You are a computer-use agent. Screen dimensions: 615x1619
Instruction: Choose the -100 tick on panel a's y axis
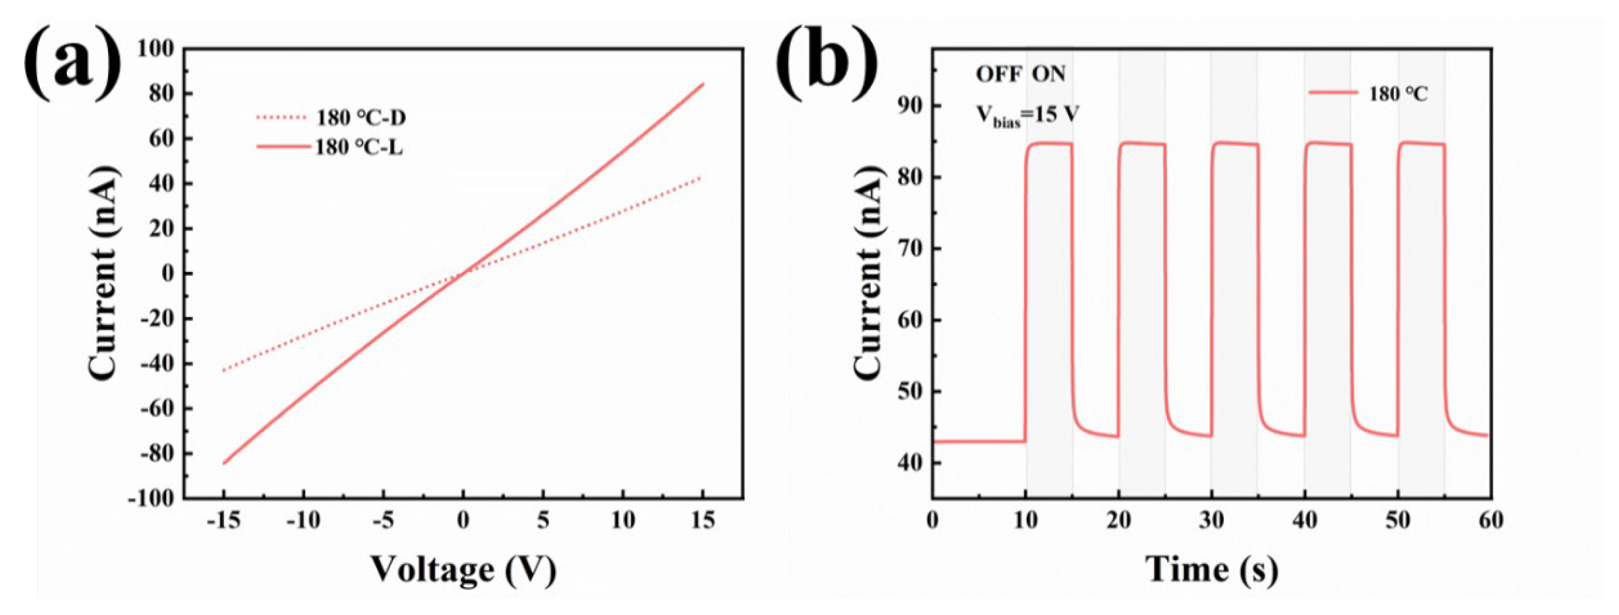click(151, 499)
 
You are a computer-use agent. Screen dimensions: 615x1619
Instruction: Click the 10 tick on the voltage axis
click(623, 521)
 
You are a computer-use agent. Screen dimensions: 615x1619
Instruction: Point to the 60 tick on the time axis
click(1491, 521)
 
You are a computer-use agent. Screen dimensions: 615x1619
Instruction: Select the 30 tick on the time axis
click(1212, 521)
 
